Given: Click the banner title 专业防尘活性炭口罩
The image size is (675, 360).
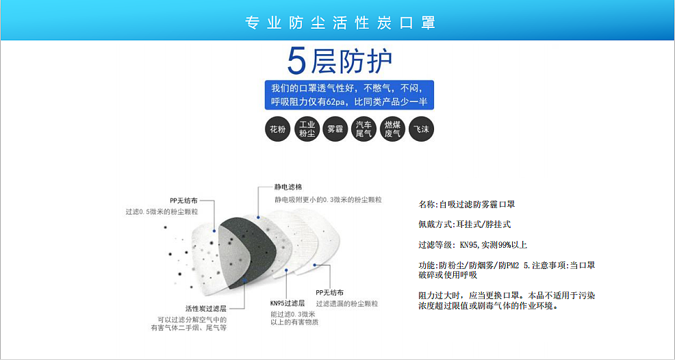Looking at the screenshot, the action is (340, 23).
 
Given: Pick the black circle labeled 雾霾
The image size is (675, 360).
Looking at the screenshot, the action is (335, 129).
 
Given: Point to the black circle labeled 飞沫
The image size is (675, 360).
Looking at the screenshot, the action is (421, 129).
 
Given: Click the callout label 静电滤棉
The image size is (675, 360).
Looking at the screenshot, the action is (288, 187).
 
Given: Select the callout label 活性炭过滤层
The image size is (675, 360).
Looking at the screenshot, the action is (206, 308).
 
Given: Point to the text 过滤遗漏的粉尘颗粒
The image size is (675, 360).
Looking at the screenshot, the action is (347, 304).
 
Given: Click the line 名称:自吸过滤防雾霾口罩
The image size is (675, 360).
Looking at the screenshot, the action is (467, 205).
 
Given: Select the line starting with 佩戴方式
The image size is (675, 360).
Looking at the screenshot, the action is (465, 224).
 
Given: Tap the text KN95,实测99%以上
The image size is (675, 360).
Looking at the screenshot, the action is (494, 245).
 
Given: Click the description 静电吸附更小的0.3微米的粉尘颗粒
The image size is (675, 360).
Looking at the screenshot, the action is (328, 200).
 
